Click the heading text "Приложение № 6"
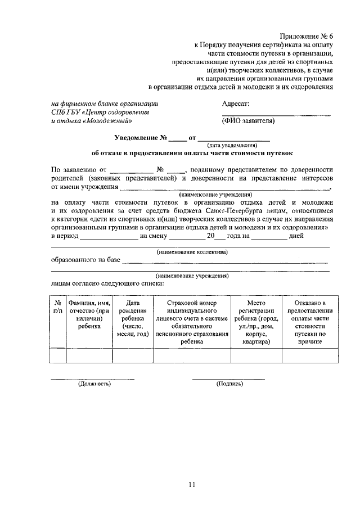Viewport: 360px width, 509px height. (308, 34)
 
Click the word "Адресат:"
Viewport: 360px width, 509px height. (236, 103)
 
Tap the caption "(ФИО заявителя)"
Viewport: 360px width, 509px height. (249, 121)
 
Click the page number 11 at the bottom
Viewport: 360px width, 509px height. (191, 485)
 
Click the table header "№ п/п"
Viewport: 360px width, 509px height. (57, 307)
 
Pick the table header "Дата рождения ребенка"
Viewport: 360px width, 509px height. (133, 318)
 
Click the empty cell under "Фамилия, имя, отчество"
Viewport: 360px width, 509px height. (89, 356)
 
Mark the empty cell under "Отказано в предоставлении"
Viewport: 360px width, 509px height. (310, 356)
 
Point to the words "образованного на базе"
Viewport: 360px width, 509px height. (85, 260)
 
